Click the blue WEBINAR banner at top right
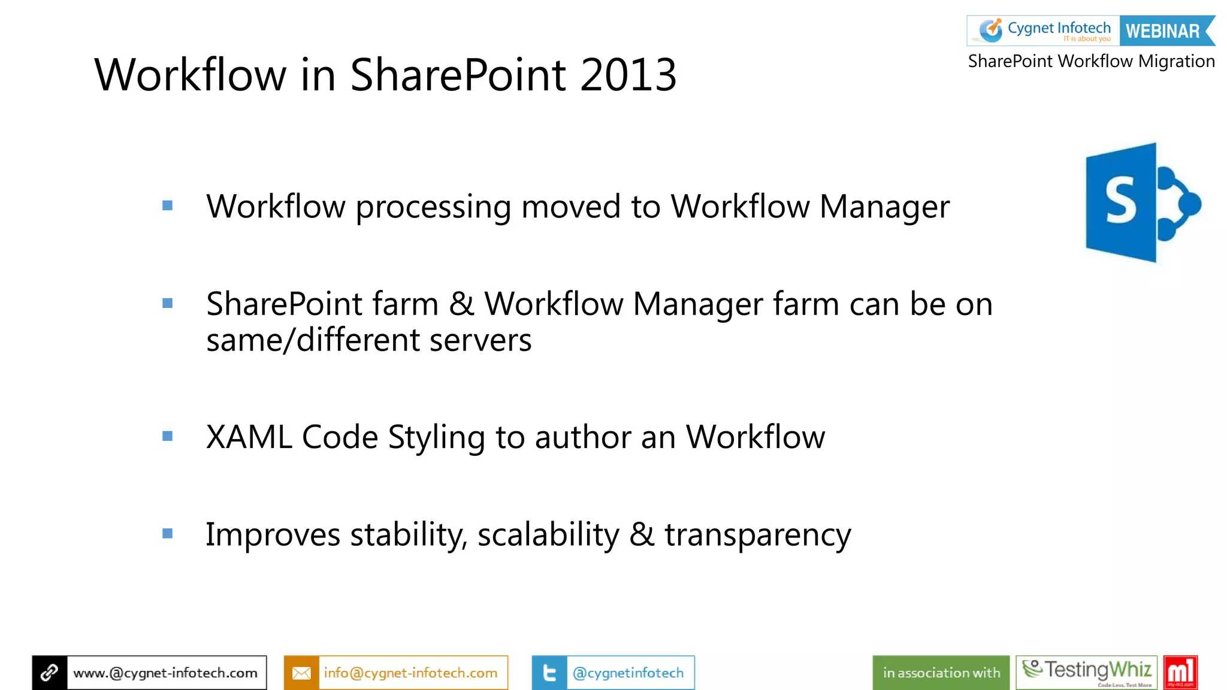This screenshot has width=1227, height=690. point(1163,31)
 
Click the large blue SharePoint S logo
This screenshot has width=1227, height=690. point(1142,203)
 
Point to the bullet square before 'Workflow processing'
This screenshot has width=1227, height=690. point(168,206)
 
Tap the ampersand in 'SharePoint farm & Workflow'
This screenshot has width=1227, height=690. point(461,304)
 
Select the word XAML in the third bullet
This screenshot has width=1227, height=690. point(249,437)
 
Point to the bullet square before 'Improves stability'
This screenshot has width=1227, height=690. point(168,533)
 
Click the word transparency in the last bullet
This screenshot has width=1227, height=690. point(757,535)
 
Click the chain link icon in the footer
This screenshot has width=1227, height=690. point(50,673)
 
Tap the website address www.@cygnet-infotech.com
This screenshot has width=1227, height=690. point(165,673)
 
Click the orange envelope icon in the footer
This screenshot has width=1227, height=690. point(301,673)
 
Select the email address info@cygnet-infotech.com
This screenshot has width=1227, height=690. point(410,673)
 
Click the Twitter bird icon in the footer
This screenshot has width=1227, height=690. point(549,673)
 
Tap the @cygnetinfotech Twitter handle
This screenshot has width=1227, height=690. point(628,673)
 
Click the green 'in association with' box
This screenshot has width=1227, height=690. point(941,673)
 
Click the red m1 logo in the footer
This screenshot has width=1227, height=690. point(1180,673)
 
